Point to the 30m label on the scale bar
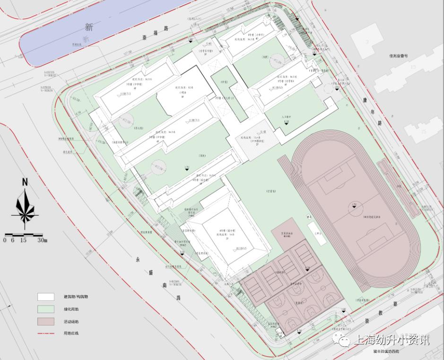click(43, 240)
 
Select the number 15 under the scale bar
click(23, 240)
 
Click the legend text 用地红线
click(72, 334)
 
